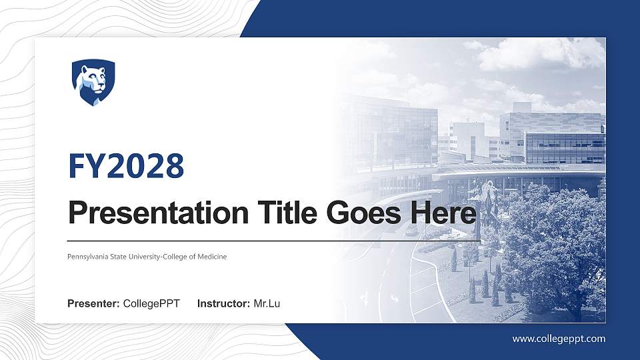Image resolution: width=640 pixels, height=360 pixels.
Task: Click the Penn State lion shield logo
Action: pyautogui.click(x=93, y=82)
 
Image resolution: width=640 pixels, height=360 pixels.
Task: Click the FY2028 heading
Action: pyautogui.click(x=126, y=166)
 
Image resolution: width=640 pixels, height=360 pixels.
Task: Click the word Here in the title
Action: pyautogui.click(x=444, y=213)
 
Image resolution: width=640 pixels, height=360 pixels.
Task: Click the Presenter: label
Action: pyautogui.click(x=93, y=304)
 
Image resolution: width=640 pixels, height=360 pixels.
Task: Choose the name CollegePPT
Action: pyautogui.click(x=151, y=304)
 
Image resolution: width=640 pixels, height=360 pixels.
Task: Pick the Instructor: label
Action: pyautogui.click(x=224, y=304)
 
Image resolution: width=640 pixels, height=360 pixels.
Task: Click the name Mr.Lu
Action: pyautogui.click(x=267, y=304)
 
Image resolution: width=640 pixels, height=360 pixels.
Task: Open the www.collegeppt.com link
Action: pyautogui.click(x=559, y=339)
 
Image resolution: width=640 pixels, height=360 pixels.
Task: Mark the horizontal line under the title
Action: pyautogui.click(x=273, y=241)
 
